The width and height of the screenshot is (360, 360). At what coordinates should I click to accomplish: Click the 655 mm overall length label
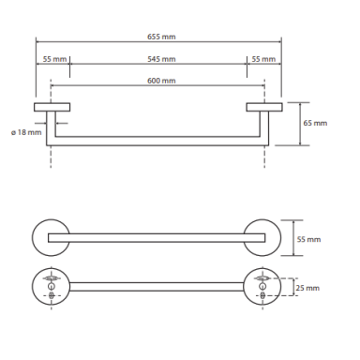click(161, 37)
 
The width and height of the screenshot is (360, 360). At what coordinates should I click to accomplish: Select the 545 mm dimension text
click(161, 59)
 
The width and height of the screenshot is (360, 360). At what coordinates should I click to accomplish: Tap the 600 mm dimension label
click(161, 81)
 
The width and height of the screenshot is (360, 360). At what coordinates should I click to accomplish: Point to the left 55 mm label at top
click(54, 59)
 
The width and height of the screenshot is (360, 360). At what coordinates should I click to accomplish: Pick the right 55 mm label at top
click(263, 59)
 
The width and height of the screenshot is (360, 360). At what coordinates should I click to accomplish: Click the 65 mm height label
click(315, 123)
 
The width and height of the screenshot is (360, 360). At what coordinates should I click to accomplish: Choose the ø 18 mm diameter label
click(26, 132)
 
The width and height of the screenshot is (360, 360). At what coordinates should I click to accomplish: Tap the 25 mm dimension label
click(307, 288)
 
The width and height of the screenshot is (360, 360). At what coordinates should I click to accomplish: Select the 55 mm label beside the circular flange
click(308, 239)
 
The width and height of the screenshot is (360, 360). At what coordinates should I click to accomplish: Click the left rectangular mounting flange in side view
click(52, 107)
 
